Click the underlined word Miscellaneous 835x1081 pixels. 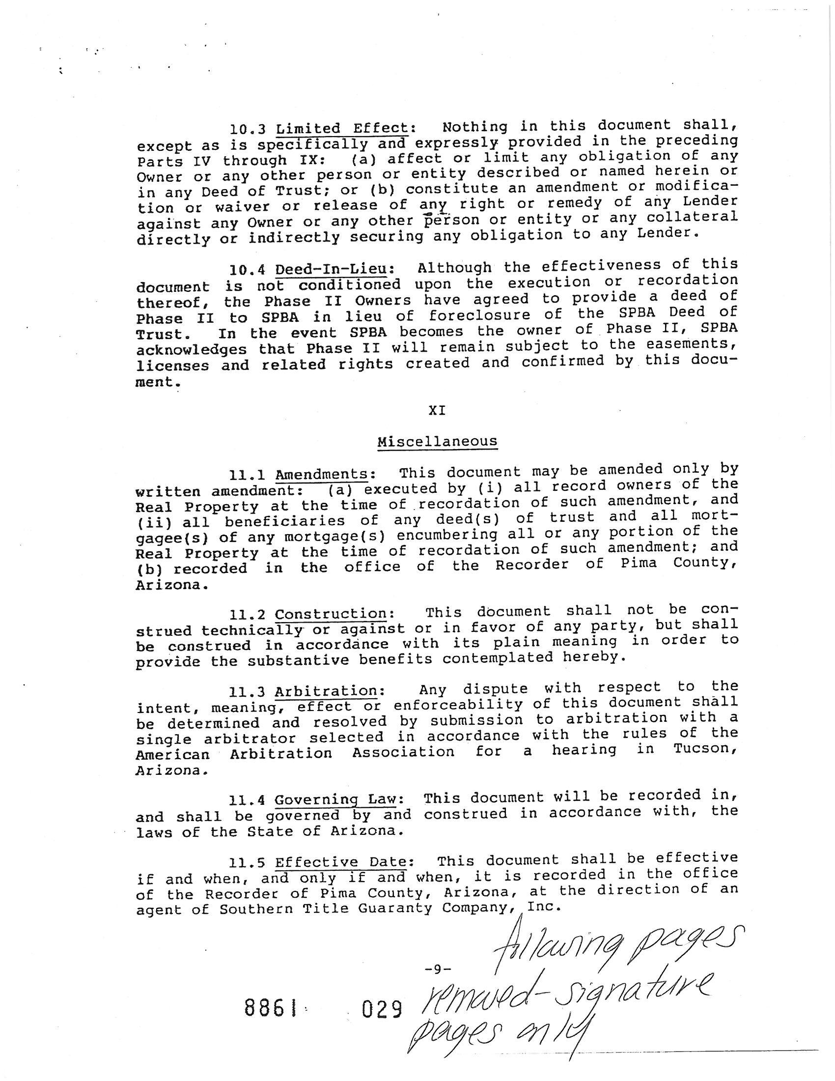(437, 441)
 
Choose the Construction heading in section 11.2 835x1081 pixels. (331, 614)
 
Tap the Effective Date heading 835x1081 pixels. (341, 862)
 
